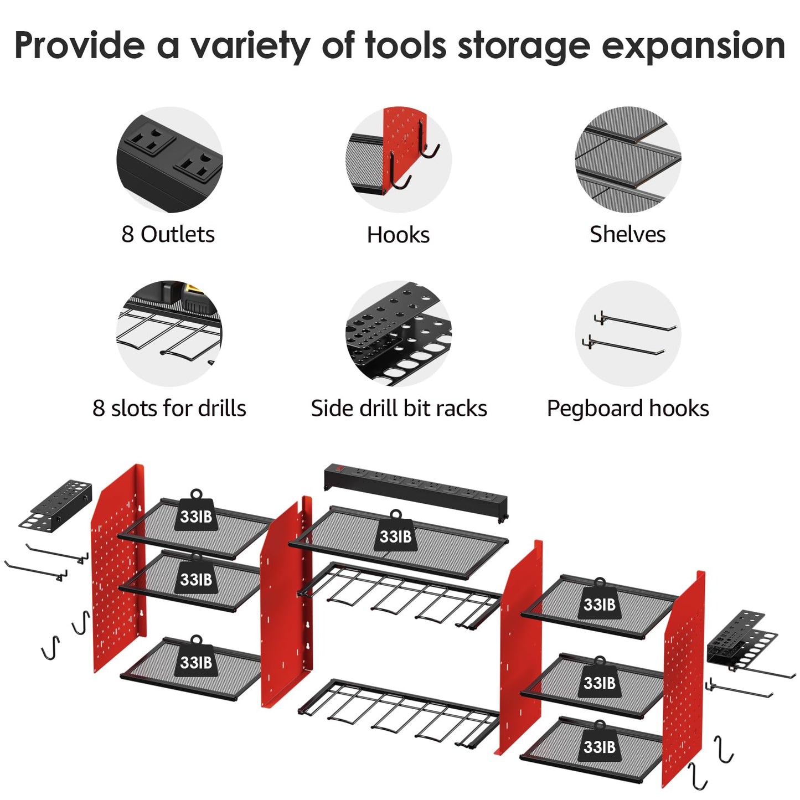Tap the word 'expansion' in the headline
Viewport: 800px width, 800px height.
click(x=693, y=47)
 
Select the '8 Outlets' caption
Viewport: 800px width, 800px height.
click(x=168, y=234)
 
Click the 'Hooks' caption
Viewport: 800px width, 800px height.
click(x=398, y=235)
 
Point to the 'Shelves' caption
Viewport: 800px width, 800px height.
click(x=627, y=234)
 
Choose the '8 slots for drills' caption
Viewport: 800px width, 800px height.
click(x=169, y=408)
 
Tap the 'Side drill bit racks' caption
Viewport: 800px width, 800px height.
click(x=399, y=408)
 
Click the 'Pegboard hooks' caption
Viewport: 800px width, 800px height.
click(x=628, y=408)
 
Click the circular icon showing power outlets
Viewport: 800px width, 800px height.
click(x=169, y=159)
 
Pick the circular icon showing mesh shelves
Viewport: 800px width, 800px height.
click(x=628, y=159)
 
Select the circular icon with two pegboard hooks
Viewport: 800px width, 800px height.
click(x=628, y=333)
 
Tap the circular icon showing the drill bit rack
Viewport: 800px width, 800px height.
click(x=399, y=333)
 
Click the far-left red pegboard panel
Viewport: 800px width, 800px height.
click(x=118, y=567)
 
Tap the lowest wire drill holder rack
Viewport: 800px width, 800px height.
click(x=399, y=711)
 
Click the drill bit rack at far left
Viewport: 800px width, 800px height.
click(x=55, y=504)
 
